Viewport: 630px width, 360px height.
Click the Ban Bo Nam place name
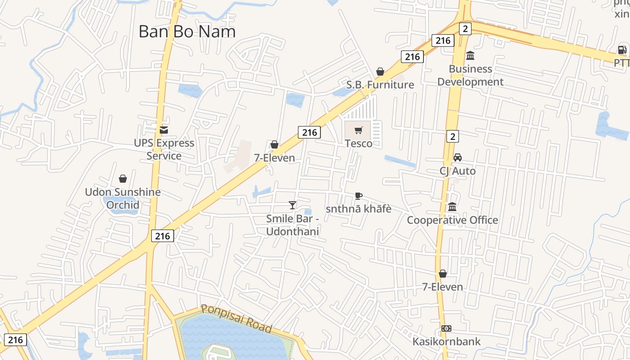pos(187,31)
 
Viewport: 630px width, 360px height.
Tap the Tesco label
pos(359,144)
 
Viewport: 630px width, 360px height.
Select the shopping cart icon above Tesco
pos(358,130)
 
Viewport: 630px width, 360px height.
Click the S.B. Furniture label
pos(380,85)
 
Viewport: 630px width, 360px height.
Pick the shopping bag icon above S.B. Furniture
pos(380,72)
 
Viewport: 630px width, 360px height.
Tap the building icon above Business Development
pos(470,56)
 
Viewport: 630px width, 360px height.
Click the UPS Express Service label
pos(164,149)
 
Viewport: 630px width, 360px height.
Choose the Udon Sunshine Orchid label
pos(123,198)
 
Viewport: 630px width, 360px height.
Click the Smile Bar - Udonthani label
pos(292,225)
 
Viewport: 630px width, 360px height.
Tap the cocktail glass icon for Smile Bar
pos(292,205)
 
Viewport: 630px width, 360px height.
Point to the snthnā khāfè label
pos(359,209)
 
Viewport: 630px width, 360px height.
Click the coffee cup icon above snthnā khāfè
pos(358,196)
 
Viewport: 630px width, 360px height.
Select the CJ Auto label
pos(458,171)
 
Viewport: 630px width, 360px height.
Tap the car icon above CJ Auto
pos(458,157)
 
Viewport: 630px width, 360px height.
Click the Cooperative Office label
pos(452,220)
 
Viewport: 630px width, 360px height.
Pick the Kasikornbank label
pos(446,342)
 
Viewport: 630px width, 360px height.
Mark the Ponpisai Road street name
pos(237,318)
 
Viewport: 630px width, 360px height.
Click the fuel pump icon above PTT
pos(622,50)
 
